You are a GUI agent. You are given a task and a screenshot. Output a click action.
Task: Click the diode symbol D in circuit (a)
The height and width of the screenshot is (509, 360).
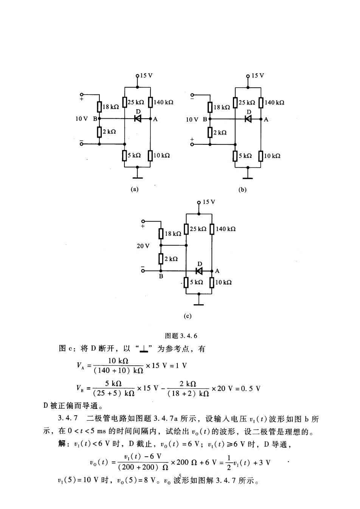point(138,118)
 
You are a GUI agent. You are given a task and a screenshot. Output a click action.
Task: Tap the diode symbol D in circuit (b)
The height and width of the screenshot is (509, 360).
point(248,119)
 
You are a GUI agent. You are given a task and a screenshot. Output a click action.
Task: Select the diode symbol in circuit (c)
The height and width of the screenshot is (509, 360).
point(199,271)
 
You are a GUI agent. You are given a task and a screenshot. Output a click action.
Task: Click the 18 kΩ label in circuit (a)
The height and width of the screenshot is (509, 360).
point(111,107)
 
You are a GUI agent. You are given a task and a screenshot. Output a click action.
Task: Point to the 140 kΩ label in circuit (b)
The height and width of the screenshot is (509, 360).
point(274,102)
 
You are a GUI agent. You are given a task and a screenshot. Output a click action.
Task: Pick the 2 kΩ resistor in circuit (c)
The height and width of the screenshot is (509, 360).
point(161,259)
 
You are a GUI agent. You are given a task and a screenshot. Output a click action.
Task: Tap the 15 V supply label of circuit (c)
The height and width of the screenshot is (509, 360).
point(209,202)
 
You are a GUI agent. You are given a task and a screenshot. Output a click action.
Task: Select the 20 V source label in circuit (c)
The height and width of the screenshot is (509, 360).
point(143,246)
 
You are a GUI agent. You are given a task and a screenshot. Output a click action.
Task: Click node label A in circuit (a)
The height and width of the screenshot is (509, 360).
point(155,119)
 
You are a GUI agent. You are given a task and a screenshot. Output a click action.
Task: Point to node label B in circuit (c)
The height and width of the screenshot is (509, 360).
point(161,277)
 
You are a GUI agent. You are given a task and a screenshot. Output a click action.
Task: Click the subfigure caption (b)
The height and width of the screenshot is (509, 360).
point(242,190)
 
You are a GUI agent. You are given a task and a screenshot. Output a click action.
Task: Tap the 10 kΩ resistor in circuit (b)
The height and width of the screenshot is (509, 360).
point(261,156)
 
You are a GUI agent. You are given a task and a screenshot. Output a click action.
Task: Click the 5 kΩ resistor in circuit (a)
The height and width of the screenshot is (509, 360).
point(124,155)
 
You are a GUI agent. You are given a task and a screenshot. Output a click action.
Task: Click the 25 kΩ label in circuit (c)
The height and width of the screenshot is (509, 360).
point(198,229)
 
